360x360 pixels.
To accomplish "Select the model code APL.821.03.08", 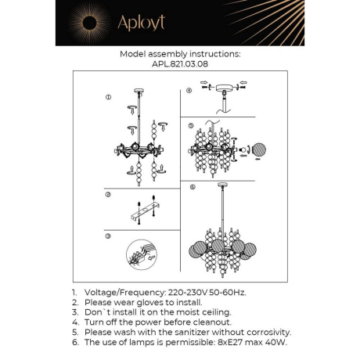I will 179,65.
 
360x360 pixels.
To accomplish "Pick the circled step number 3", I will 109,236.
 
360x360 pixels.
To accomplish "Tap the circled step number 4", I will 189,90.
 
